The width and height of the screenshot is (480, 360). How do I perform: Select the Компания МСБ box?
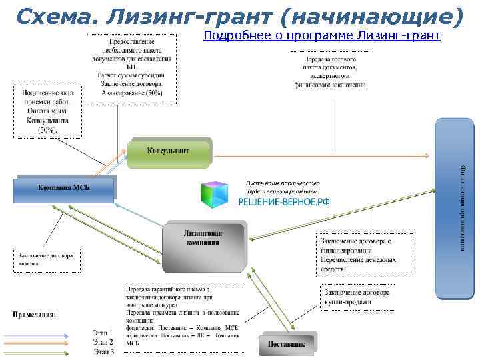(64, 187)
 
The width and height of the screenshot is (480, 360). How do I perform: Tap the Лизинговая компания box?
(203, 246)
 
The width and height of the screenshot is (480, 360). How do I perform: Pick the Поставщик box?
(287, 343)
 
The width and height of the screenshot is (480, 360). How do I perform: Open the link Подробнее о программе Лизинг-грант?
(322, 35)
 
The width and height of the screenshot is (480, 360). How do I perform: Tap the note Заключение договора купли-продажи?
(357, 297)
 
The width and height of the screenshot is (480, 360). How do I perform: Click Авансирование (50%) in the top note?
(132, 93)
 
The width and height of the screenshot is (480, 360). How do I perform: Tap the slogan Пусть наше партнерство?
(283, 183)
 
